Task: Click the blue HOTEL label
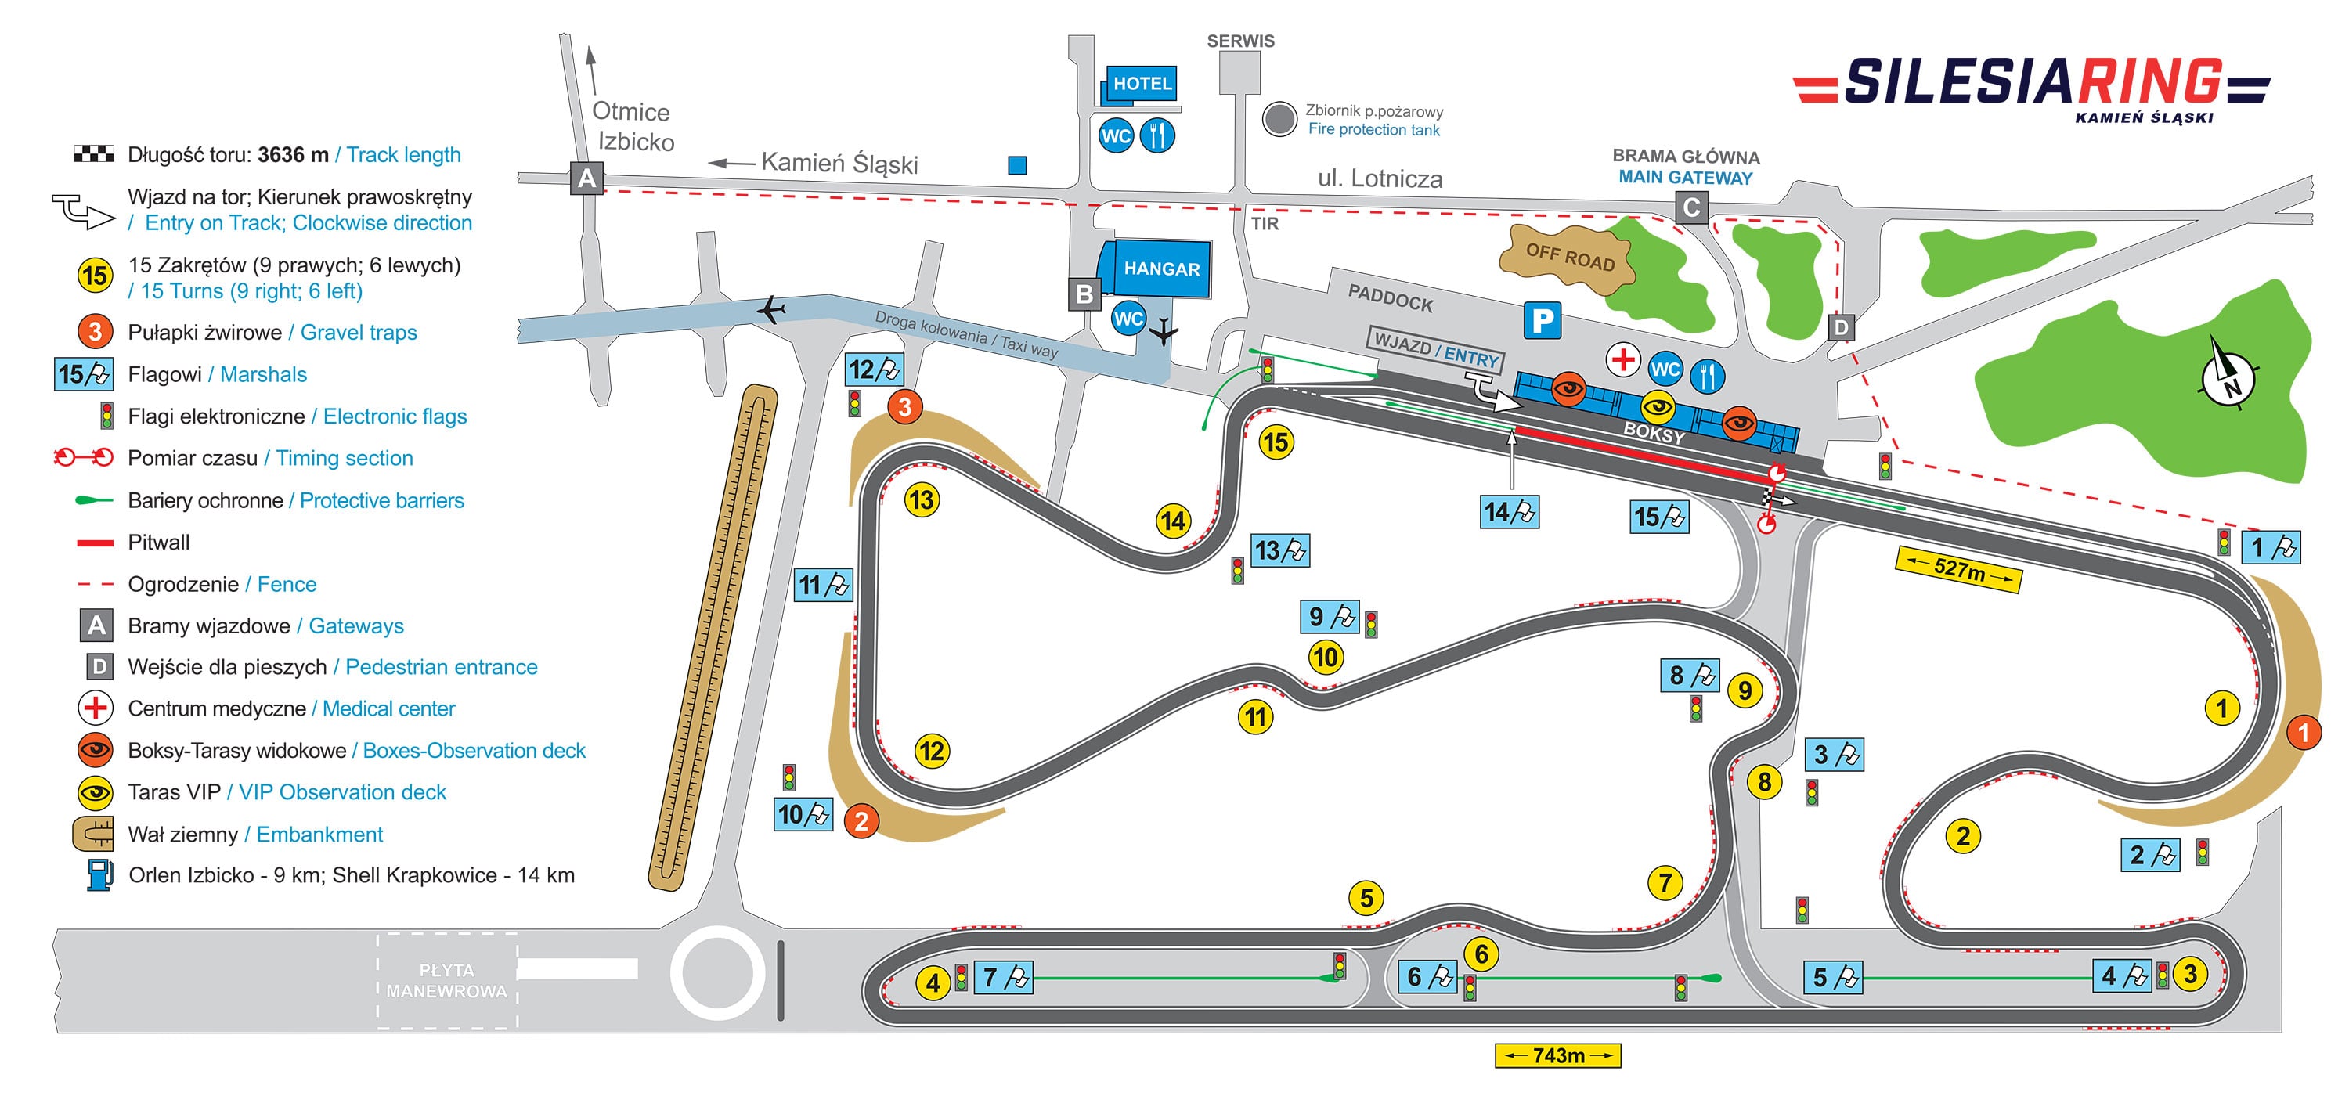tap(1142, 83)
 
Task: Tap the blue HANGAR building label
tap(1161, 269)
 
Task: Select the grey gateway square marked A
tap(586, 178)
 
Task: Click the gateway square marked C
tap(1691, 208)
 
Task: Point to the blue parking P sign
tap(1542, 321)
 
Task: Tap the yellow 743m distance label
tap(1557, 1055)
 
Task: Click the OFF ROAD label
tap(1570, 256)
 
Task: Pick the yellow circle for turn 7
tap(1665, 882)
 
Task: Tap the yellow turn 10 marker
tap(1325, 658)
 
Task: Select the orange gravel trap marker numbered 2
tap(861, 821)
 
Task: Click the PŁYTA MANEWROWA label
tap(447, 981)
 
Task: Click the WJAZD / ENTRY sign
tap(1435, 350)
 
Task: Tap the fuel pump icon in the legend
tap(99, 875)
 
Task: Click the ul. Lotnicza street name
tap(1380, 178)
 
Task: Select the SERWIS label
tap(1240, 41)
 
